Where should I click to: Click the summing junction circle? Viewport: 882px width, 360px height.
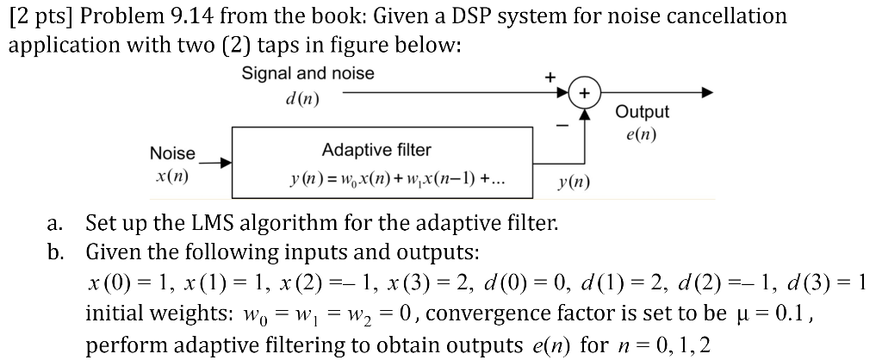[583, 92]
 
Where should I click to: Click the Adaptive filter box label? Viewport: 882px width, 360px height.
[376, 151]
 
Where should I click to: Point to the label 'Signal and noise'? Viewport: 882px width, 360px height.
[307, 73]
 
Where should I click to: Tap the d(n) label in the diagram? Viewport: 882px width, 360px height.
[301, 97]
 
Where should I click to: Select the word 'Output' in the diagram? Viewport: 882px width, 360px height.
[642, 112]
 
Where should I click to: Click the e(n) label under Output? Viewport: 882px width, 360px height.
[642, 134]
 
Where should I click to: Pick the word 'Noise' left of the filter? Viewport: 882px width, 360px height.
[172, 153]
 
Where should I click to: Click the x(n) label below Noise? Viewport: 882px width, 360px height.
[172, 176]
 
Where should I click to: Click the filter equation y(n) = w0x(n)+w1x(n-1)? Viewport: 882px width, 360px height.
[397, 181]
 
